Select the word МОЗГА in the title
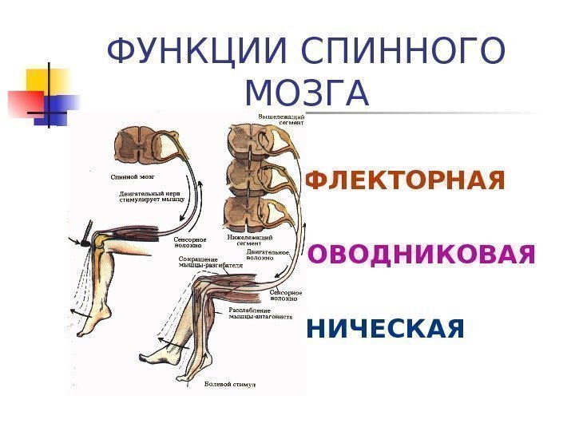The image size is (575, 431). pyautogui.click(x=307, y=93)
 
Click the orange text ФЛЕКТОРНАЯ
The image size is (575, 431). pyautogui.click(x=406, y=181)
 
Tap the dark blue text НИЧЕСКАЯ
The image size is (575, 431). pyautogui.click(x=384, y=327)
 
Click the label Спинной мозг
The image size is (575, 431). pyautogui.click(x=132, y=173)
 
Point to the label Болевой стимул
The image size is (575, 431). pyautogui.click(x=229, y=385)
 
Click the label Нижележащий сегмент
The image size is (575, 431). pyautogui.click(x=250, y=240)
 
